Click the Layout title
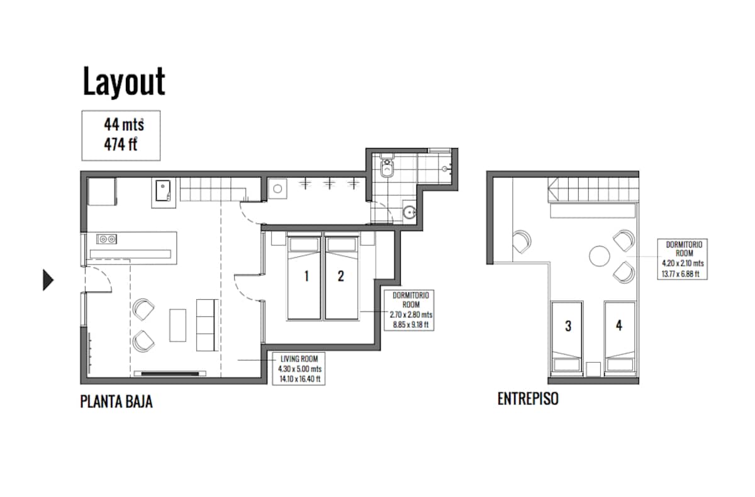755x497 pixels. pyautogui.click(x=124, y=82)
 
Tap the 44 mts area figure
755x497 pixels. pyautogui.click(x=124, y=124)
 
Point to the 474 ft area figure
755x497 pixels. pyautogui.click(x=120, y=144)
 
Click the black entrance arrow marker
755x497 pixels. pyautogui.click(x=48, y=280)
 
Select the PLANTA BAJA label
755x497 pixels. pyautogui.click(x=116, y=401)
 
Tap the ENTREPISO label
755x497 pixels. pyautogui.click(x=528, y=399)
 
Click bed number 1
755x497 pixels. pyautogui.click(x=304, y=276)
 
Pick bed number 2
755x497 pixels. pyautogui.click(x=341, y=276)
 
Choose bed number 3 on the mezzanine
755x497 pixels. pyautogui.click(x=567, y=338)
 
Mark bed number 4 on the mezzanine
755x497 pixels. pyautogui.click(x=620, y=338)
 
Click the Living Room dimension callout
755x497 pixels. pyautogui.click(x=299, y=368)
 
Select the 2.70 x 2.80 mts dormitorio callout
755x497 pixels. pyautogui.click(x=409, y=310)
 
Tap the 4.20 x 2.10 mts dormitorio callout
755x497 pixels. pyautogui.click(x=683, y=259)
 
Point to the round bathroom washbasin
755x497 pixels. pyautogui.click(x=409, y=212)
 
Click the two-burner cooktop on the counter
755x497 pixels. pyautogui.click(x=106, y=239)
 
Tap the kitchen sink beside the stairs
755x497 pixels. pyautogui.click(x=163, y=191)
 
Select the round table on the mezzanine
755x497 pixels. pyautogui.click(x=599, y=256)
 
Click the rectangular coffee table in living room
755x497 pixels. pyautogui.click(x=177, y=325)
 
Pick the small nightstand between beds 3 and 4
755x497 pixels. pyautogui.click(x=593, y=369)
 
